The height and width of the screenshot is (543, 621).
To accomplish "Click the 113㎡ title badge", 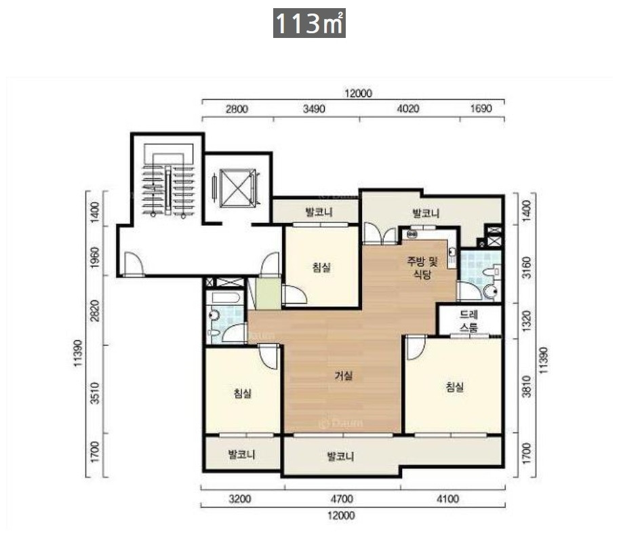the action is pyautogui.click(x=309, y=23).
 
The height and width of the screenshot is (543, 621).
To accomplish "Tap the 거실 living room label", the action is pyautogui.click(x=344, y=376).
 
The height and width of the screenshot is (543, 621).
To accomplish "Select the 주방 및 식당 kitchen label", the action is pyautogui.click(x=422, y=267).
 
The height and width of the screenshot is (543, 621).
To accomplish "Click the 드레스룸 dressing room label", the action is pyautogui.click(x=469, y=321).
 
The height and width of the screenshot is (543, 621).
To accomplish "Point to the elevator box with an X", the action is pyautogui.click(x=238, y=188).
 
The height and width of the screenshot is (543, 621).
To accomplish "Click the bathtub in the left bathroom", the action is pyautogui.click(x=225, y=298).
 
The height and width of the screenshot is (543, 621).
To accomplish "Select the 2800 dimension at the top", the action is pyautogui.click(x=237, y=108).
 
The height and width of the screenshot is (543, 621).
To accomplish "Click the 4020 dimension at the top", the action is pyautogui.click(x=408, y=108).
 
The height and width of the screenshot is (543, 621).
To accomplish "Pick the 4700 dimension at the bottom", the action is pyautogui.click(x=342, y=498).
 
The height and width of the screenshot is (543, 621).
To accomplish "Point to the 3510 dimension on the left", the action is pyautogui.click(x=94, y=393).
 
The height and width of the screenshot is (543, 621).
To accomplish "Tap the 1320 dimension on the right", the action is pyautogui.click(x=526, y=321).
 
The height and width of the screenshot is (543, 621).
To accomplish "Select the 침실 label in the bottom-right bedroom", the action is pyautogui.click(x=455, y=386).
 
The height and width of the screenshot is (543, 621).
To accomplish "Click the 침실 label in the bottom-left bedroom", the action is pyautogui.click(x=243, y=393).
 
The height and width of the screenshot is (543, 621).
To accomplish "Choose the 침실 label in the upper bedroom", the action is pyautogui.click(x=321, y=267).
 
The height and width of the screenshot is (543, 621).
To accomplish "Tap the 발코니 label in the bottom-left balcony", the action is pyautogui.click(x=241, y=454).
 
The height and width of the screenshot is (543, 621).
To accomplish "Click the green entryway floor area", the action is pyautogui.click(x=268, y=294).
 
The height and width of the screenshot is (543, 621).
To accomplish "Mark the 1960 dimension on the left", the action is pyautogui.click(x=94, y=258).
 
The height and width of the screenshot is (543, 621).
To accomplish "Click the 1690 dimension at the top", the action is pyautogui.click(x=481, y=108).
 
